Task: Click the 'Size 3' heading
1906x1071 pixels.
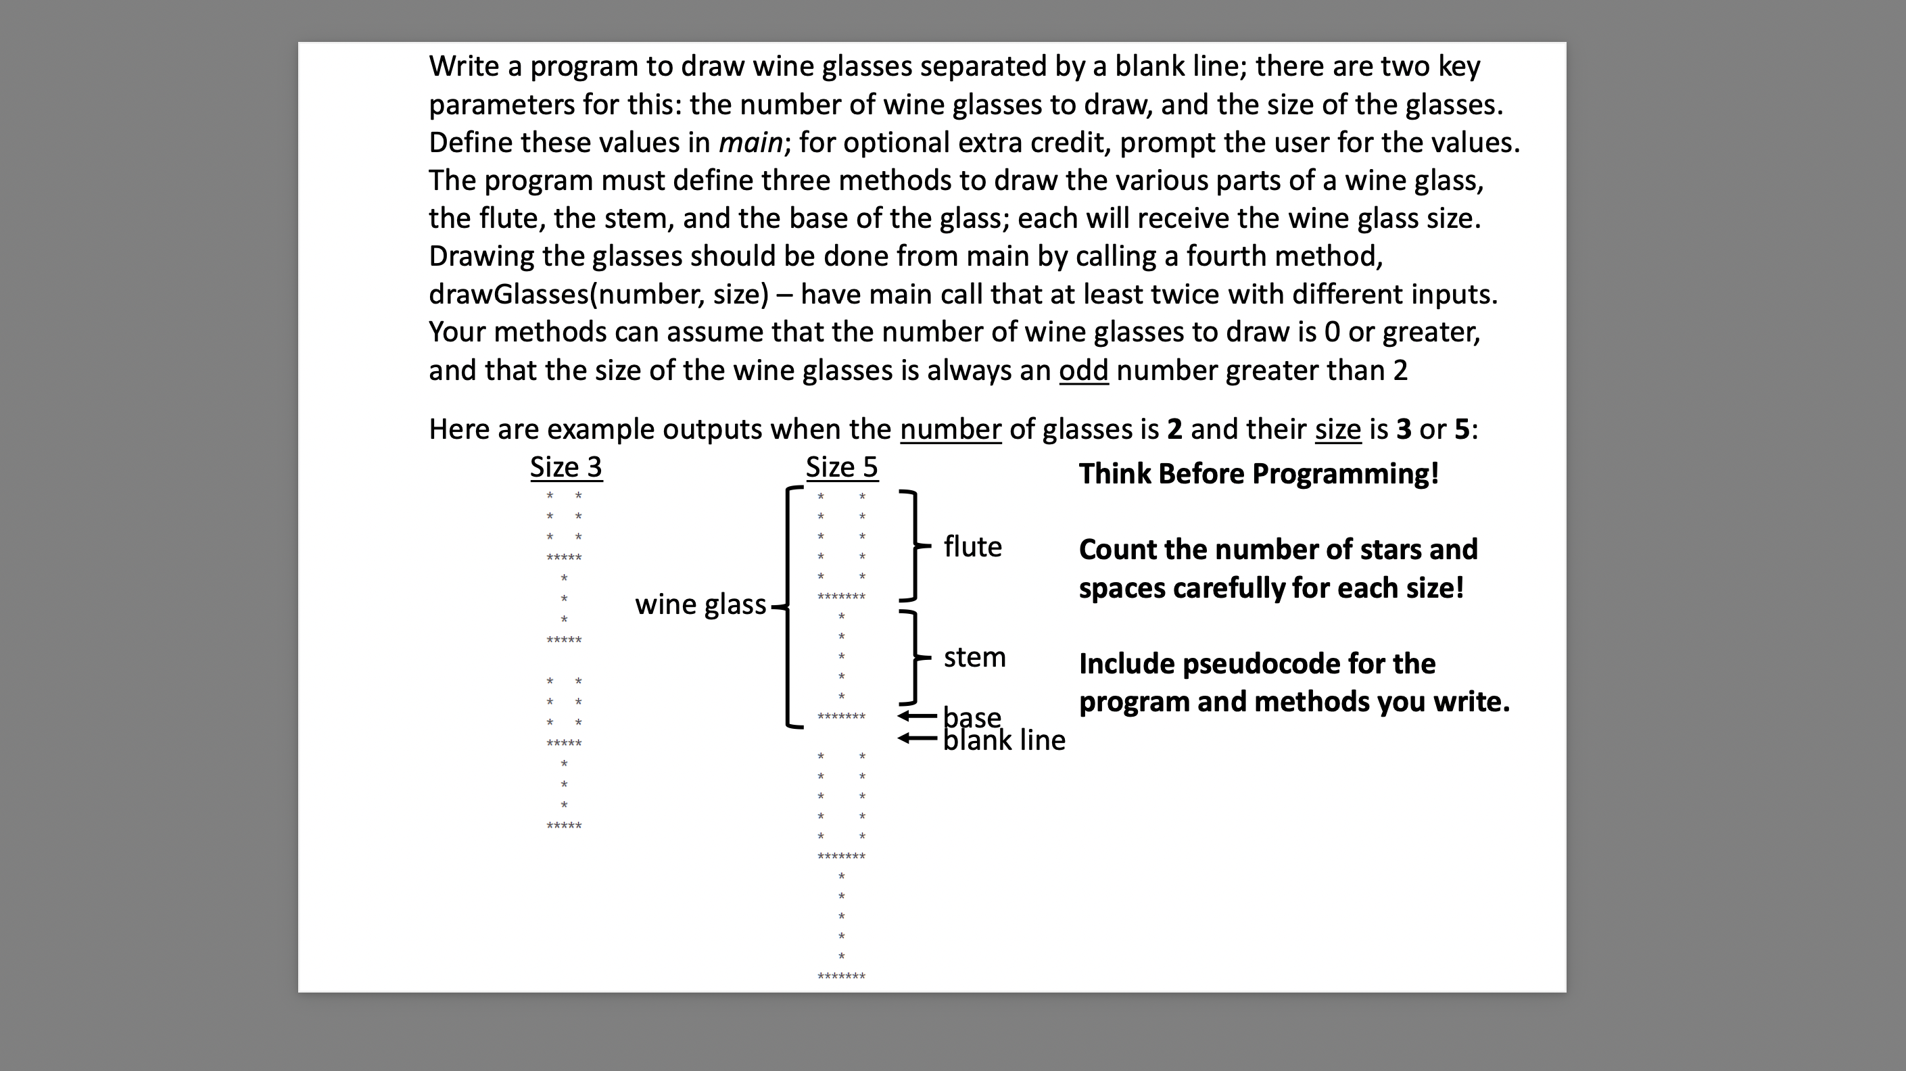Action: pyautogui.click(x=566, y=467)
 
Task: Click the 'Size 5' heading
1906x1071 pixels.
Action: pyautogui.click(x=841, y=467)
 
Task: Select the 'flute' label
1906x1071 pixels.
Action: pyautogui.click(x=972, y=547)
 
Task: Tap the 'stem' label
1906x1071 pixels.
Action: pyautogui.click(x=974, y=657)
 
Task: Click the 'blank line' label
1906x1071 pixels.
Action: pyautogui.click(x=1004, y=740)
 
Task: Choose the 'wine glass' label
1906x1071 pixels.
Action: pyautogui.click(x=700, y=604)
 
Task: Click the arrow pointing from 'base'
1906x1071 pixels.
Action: pyautogui.click(x=917, y=716)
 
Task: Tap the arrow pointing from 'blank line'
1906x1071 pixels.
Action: pyautogui.click(x=917, y=738)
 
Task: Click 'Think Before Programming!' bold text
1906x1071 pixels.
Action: pyautogui.click(x=1258, y=474)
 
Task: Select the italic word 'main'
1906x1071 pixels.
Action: pyautogui.click(x=751, y=143)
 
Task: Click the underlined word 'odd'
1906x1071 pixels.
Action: pyautogui.click(x=1083, y=370)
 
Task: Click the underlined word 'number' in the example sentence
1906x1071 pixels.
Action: pyautogui.click(x=950, y=429)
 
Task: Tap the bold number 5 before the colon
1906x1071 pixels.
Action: pyautogui.click(x=1462, y=429)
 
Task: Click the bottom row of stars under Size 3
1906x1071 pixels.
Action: pyautogui.click(x=564, y=826)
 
